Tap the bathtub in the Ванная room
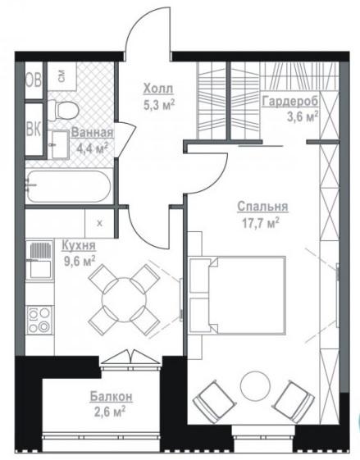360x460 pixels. coord(69,186)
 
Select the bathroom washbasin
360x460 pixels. coord(60,144)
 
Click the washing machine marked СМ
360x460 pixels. coord(62,76)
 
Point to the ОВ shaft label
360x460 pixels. coord(34,80)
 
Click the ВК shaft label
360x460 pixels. coord(34,129)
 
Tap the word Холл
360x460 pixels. coord(158,89)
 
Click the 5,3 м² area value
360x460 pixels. coord(159,104)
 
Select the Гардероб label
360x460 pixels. coord(290,102)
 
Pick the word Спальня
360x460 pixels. coord(262,207)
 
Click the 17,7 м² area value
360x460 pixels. coord(260,223)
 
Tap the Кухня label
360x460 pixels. coord(79,245)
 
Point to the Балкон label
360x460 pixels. coord(112,397)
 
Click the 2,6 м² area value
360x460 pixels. coord(110,412)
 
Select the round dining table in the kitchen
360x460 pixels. coord(124,300)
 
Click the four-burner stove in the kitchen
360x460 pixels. coord(39,320)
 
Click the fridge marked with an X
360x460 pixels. coord(99,223)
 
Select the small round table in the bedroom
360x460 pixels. coord(255,386)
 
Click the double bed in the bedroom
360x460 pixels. coord(238,295)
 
